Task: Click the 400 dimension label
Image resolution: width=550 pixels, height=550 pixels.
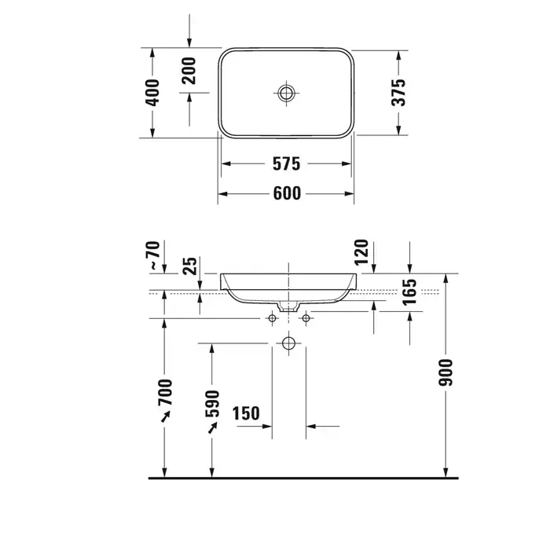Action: click(152, 93)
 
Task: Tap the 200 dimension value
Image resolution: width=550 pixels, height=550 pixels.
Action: click(189, 71)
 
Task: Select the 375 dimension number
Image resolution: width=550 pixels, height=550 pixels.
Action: click(398, 93)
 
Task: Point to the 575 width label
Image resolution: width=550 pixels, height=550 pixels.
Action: click(287, 163)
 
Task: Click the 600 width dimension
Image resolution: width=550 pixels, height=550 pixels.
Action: click(287, 193)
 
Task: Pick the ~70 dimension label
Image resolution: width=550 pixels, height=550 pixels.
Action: click(155, 255)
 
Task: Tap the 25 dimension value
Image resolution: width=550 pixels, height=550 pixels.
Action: click(190, 266)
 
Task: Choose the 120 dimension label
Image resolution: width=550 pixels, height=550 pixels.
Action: click(361, 252)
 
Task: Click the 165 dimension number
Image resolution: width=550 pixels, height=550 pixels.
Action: click(409, 292)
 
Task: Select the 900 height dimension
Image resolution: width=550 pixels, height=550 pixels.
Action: click(445, 372)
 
